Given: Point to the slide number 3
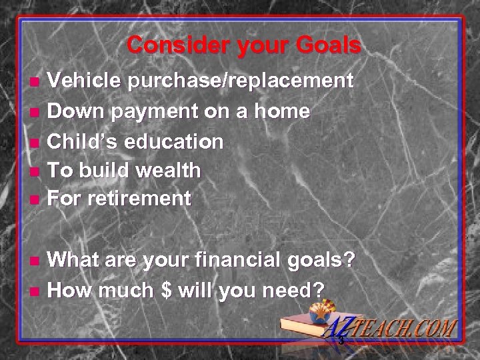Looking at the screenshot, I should (340, 341).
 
